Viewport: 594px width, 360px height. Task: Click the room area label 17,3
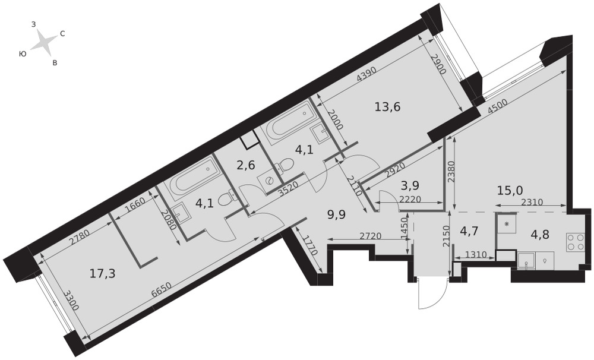(103, 273)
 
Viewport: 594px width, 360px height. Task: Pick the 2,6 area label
(246, 166)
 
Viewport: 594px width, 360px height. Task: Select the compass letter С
(62, 34)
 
